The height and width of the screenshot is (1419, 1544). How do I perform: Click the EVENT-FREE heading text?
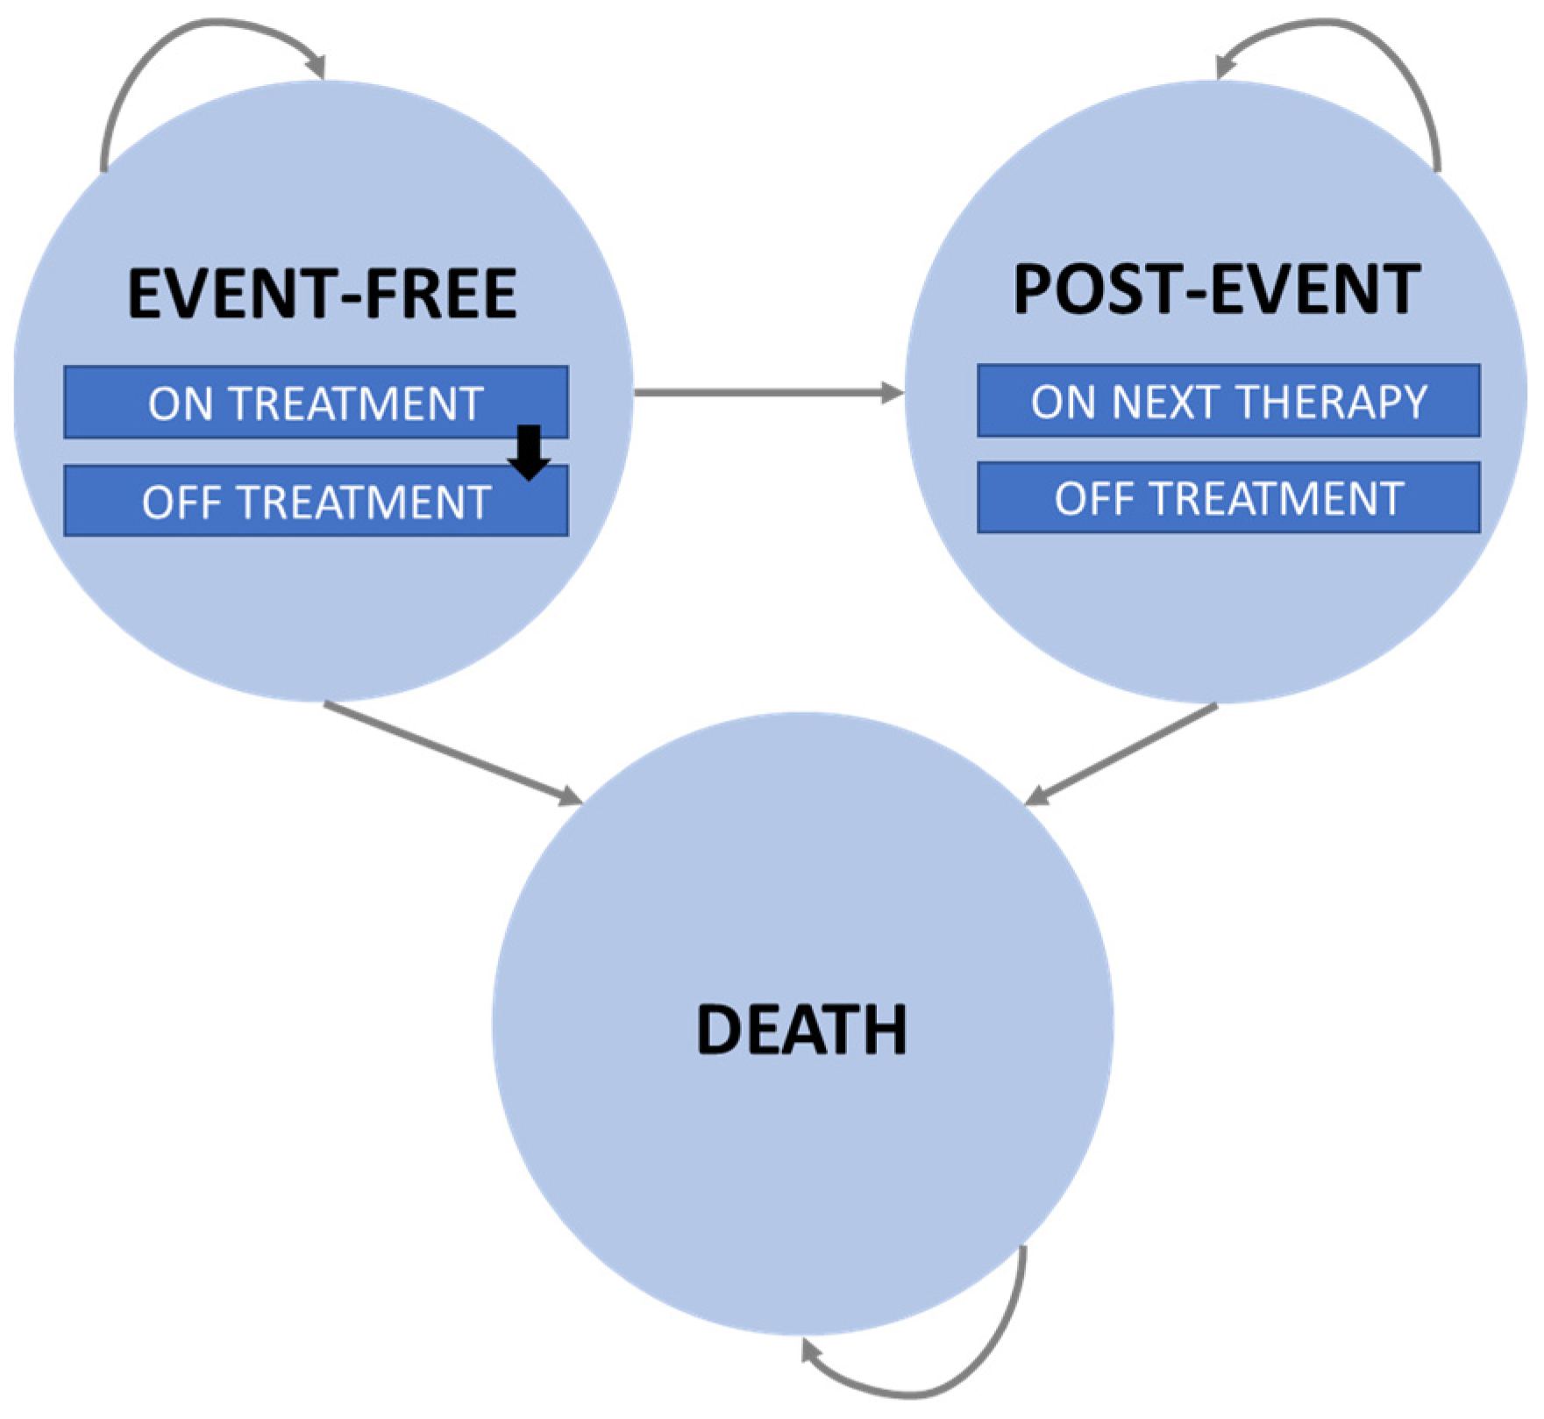pyautogui.click(x=322, y=295)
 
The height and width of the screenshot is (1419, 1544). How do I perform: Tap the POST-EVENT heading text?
pyautogui.click(x=1216, y=289)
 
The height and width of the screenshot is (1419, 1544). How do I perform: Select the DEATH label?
pyautogui.click(x=801, y=1030)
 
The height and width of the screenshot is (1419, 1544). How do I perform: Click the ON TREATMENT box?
pyautogui.click(x=316, y=403)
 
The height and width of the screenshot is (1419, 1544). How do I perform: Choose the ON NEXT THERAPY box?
pyautogui.click(x=1228, y=402)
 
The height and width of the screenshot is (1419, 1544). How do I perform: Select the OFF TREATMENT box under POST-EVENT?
pyautogui.click(x=1228, y=498)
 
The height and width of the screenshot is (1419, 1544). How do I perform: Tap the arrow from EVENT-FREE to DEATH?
pyautogui.click(x=452, y=752)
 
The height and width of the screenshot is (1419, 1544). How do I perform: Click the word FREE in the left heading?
pyautogui.click(x=442, y=295)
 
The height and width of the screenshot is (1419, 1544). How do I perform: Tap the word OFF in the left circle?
pyautogui.click(x=180, y=502)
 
